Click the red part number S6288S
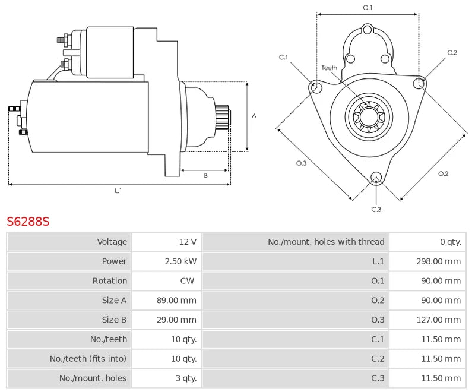28,222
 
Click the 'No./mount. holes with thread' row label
326,242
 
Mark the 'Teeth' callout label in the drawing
330,68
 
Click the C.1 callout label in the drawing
283,57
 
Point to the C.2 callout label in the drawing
452,53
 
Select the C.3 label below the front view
376,209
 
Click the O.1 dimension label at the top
368,8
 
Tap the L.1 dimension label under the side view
118,191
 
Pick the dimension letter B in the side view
205,175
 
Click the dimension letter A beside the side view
254,116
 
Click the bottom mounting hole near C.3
376,177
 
